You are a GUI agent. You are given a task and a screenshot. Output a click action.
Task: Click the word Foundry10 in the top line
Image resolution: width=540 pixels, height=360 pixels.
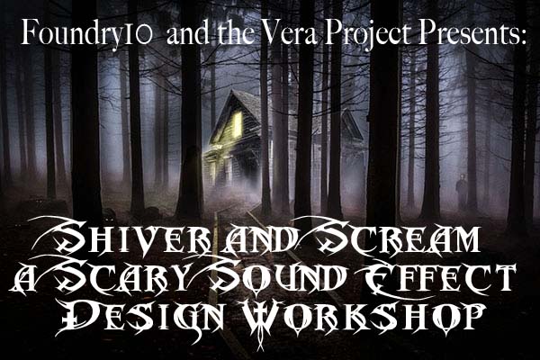pyautogui.click(x=86, y=32)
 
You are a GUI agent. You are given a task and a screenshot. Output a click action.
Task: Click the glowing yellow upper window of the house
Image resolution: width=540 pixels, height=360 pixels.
pyautogui.click(x=237, y=125)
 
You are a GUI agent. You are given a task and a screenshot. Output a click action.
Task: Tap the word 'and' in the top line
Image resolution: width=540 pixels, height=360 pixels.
pyautogui.click(x=187, y=33)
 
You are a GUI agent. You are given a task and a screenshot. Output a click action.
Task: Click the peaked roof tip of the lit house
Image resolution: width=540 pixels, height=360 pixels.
pyautogui.click(x=231, y=91)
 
